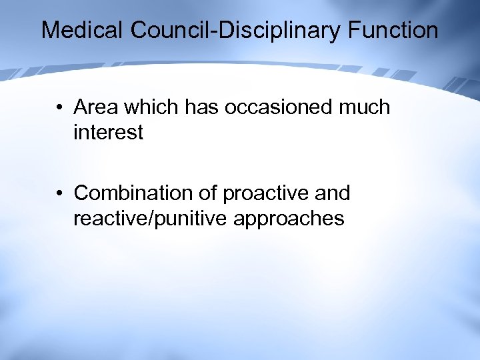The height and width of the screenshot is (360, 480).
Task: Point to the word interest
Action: point(108,133)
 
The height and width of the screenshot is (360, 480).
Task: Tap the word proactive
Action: point(265,193)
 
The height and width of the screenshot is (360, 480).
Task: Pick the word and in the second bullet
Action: point(332,193)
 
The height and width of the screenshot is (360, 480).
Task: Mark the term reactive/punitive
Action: point(153,219)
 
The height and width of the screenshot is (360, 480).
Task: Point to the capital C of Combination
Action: point(81,193)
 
